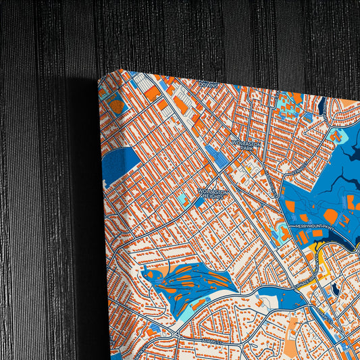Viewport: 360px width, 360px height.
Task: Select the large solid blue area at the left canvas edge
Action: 118,166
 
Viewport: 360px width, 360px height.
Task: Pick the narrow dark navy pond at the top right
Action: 322,105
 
